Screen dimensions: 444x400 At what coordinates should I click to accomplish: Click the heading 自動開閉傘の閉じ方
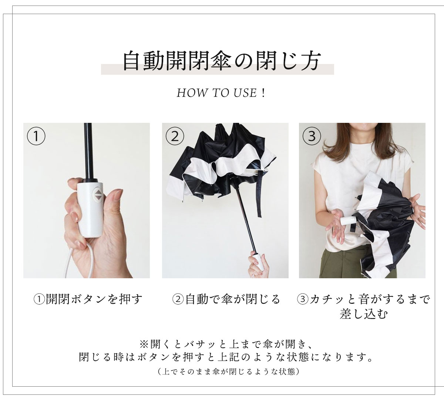(222, 61)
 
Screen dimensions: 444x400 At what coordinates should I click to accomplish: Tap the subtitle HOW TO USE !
(221, 93)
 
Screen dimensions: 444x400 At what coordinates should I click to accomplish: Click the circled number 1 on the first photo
(36, 136)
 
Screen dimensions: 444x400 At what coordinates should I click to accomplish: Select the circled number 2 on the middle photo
(175, 136)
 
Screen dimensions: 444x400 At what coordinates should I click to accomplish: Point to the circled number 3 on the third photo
(312, 136)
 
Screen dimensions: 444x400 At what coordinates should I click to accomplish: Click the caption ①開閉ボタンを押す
(88, 299)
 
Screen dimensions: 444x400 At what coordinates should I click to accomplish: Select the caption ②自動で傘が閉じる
(226, 299)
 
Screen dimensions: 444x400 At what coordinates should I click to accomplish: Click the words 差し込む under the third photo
(364, 314)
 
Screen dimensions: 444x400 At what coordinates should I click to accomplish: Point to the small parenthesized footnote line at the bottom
(229, 372)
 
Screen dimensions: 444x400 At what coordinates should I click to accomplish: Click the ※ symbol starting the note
(144, 344)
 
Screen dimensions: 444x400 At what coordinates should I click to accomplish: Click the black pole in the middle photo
(246, 223)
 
